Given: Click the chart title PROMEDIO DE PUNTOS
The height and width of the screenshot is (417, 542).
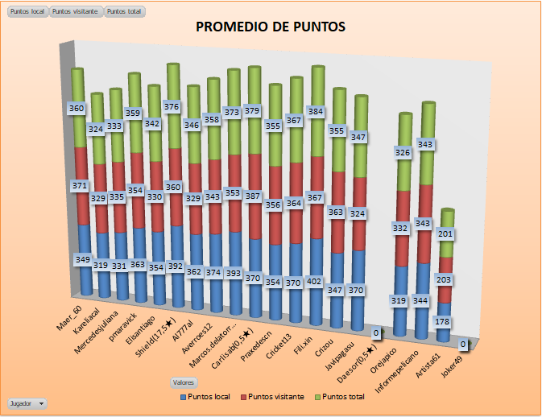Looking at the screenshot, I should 271,27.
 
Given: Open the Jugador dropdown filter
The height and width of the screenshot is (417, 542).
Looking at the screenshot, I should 27,402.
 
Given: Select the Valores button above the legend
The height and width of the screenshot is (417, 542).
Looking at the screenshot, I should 183,382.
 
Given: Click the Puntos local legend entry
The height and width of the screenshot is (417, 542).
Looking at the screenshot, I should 208,396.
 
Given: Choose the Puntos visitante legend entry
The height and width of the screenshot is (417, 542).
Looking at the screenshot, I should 276,396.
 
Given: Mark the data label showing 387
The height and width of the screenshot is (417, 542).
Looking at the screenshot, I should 254,196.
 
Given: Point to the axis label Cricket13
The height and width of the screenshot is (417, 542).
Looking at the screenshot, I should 290,341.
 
